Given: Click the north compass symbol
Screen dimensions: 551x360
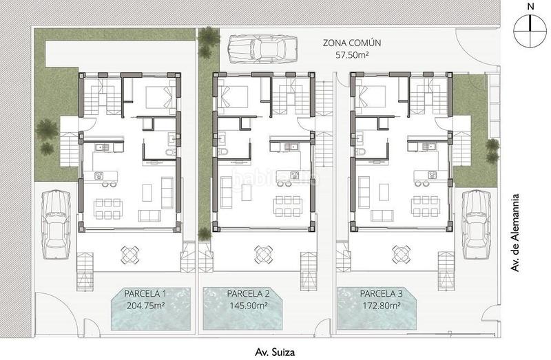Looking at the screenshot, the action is coord(530,31).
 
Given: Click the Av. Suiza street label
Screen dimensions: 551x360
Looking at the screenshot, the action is coord(275,352).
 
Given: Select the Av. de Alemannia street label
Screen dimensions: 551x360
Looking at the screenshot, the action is coord(514,233).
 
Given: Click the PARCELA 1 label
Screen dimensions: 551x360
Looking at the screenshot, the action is coord(145,294).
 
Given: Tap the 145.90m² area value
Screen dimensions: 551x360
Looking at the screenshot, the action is coord(249,305).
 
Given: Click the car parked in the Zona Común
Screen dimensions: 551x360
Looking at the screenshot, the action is coord(262,49).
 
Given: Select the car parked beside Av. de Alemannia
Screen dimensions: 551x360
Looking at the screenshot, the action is coord(477,225).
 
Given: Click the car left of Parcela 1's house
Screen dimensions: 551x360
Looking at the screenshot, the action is coord(56,225).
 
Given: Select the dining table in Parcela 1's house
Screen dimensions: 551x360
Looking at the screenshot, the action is coord(108,209).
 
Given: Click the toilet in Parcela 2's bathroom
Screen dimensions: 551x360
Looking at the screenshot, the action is coord(222,151).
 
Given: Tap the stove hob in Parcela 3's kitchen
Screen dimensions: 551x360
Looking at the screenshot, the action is coord(432,174).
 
